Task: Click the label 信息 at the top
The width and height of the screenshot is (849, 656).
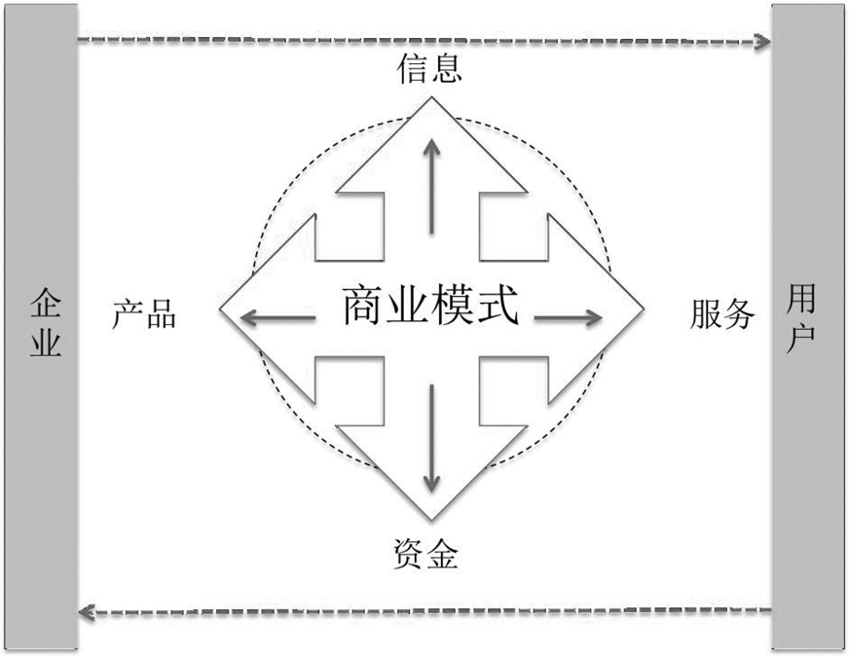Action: point(429,69)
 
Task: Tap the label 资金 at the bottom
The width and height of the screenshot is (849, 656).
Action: point(429,557)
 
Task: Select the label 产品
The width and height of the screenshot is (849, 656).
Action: point(144,314)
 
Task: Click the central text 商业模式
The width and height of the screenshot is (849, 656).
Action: point(429,310)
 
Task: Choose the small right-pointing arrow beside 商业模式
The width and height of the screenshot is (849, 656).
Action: point(569,316)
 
